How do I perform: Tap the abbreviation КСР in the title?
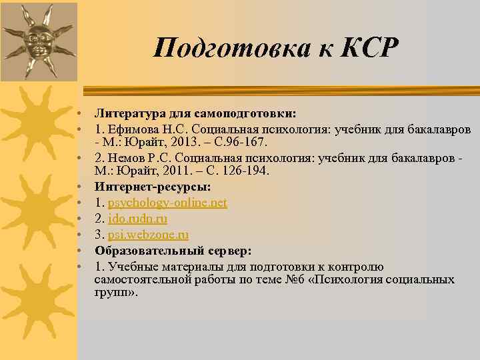point(369,47)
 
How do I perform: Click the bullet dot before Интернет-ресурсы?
point(79,189)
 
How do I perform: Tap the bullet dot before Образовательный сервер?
point(79,251)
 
